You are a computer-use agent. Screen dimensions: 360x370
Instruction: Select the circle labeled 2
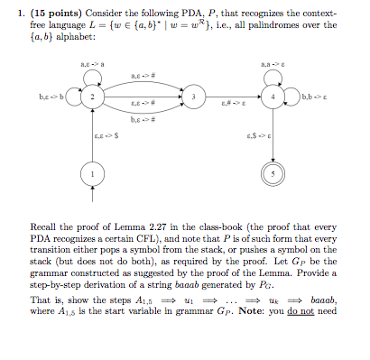[x=90, y=97]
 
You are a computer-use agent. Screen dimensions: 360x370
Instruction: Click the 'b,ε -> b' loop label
[x=50, y=96]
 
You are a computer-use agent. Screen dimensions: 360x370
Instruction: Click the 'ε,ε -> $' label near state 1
[x=106, y=134]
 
